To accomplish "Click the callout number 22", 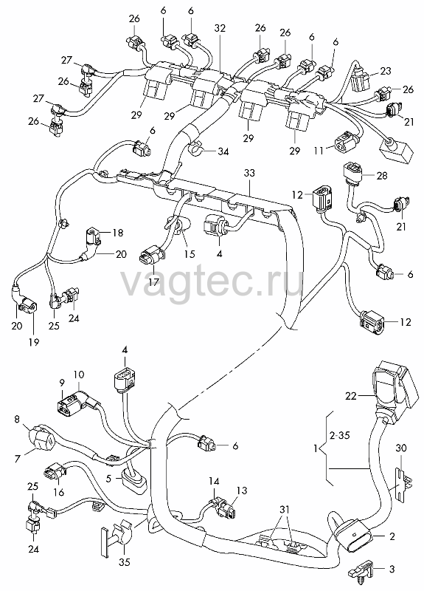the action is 351,396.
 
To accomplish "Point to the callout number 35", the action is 124,562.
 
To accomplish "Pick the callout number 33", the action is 249,173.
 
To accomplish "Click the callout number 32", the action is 220,28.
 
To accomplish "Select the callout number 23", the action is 385,71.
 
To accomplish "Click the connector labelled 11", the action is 345,144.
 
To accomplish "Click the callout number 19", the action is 34,342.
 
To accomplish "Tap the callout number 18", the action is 118,233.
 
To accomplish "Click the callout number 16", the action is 59,492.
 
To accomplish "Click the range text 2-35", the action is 339,435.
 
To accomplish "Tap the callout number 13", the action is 242,491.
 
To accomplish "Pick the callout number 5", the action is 109,478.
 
